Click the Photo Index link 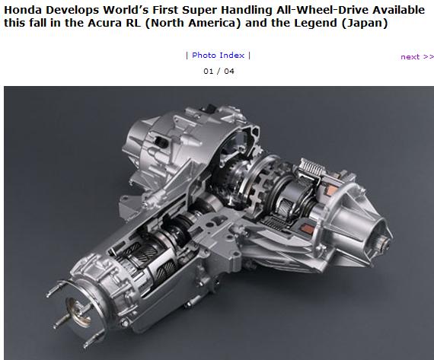[218, 56]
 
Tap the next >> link [417, 57]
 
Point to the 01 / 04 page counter [219, 72]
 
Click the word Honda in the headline [23, 10]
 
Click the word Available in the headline [398, 10]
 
